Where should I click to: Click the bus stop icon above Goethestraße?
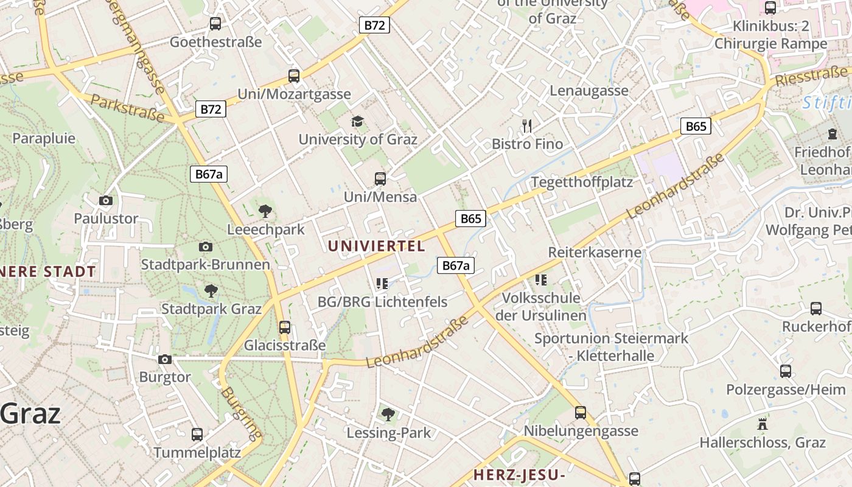click(x=215, y=24)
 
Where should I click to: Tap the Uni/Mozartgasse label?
click(x=294, y=94)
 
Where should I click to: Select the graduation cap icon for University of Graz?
click(x=357, y=122)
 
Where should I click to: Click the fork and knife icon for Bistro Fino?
click(x=527, y=126)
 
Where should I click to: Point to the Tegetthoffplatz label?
click(x=582, y=182)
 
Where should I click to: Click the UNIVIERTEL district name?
click(x=376, y=246)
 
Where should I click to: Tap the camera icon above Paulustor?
click(x=106, y=200)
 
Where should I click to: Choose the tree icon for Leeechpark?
click(x=265, y=211)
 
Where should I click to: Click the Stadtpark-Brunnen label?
click(x=205, y=265)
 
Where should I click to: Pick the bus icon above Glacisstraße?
click(x=284, y=327)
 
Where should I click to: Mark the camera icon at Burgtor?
click(x=165, y=359)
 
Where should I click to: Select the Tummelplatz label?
click(x=197, y=453)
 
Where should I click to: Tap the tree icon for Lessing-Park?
click(x=388, y=415)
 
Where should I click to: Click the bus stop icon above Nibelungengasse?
click(x=581, y=412)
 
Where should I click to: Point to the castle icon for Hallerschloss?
click(x=762, y=424)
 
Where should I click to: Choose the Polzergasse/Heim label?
click(x=786, y=390)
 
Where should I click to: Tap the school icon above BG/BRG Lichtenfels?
click(x=382, y=283)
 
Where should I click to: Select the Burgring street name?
click(x=242, y=413)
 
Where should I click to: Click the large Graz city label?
click(x=30, y=414)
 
